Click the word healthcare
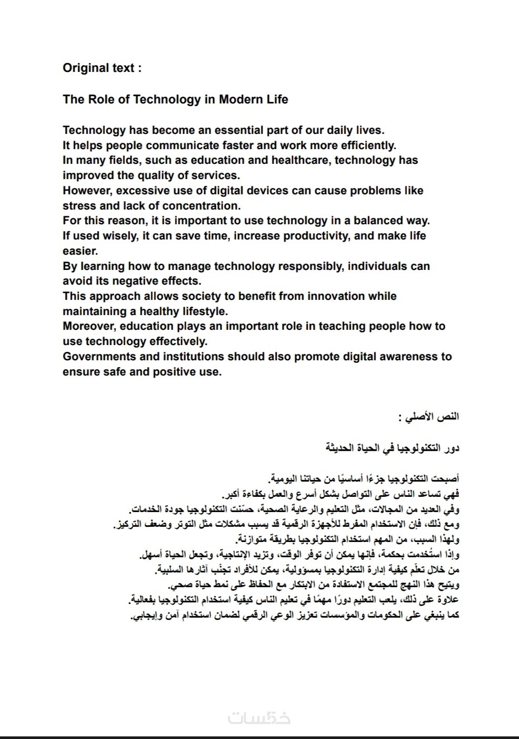[x=298, y=160]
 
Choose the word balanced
[x=382, y=221]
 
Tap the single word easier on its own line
[x=80, y=251]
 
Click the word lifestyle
[x=200, y=311]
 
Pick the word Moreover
[x=89, y=326]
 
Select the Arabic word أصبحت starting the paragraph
[x=445, y=479]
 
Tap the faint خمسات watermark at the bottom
[x=259, y=717]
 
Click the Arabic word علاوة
[x=447, y=599]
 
